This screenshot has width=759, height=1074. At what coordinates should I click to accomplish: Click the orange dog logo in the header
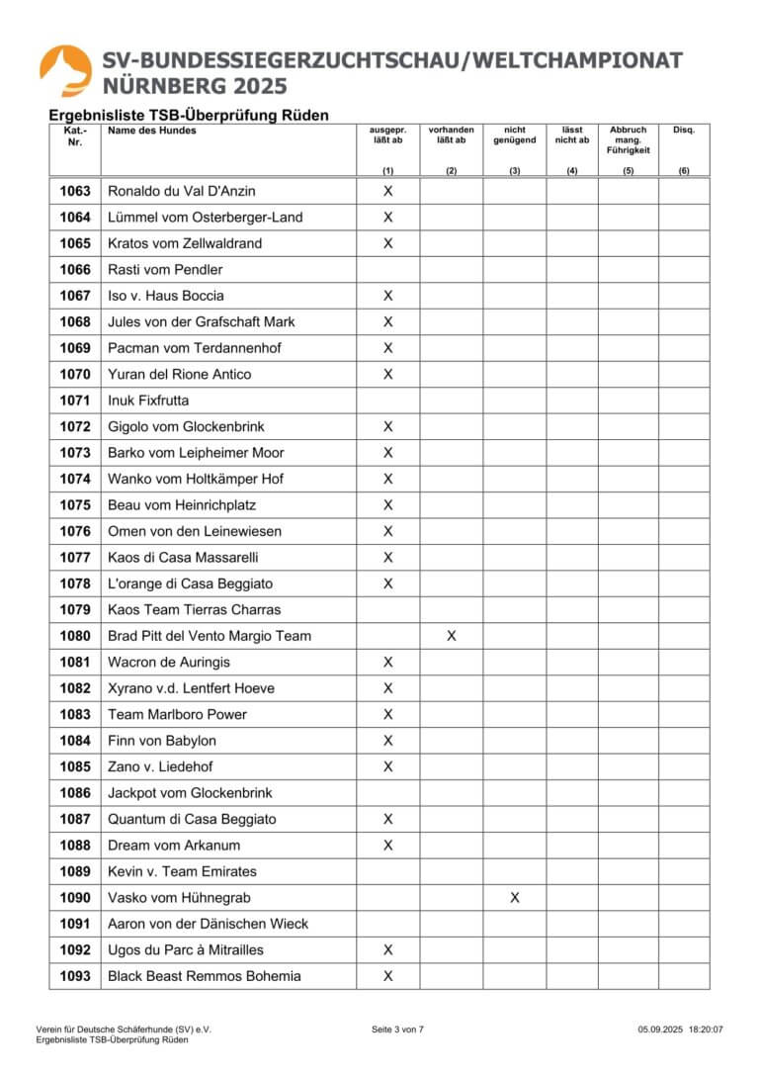pos(66,70)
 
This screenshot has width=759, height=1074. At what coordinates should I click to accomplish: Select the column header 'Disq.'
pos(684,131)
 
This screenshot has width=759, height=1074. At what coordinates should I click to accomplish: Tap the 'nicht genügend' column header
pos(514,135)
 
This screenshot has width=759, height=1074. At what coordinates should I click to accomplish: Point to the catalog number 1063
pos(75,191)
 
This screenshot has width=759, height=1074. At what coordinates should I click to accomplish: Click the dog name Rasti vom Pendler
pos(165,269)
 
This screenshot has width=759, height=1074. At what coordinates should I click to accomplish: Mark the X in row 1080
pos(451,636)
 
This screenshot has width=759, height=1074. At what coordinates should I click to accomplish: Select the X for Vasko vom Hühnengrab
pos(514,898)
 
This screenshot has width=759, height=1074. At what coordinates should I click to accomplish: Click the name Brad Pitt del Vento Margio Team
pos(209,636)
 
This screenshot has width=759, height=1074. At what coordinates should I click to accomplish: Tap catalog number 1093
pos(75,976)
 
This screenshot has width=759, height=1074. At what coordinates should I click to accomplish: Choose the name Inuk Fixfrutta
pos(148,401)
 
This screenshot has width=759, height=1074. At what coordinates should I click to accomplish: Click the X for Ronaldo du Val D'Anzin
pos(387,191)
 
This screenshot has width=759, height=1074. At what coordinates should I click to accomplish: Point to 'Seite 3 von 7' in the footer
pos(397,1029)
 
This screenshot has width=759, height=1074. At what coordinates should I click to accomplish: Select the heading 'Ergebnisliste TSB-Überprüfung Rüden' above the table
pos(189,115)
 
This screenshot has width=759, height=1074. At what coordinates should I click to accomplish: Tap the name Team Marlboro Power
pos(177,714)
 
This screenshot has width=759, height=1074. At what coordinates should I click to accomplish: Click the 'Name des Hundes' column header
pos(152,131)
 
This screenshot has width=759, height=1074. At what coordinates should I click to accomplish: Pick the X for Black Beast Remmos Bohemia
pos(387,976)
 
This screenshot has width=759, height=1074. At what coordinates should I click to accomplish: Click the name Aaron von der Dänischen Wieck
pos(208,924)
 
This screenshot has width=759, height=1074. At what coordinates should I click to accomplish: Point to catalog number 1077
pos(75,558)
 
